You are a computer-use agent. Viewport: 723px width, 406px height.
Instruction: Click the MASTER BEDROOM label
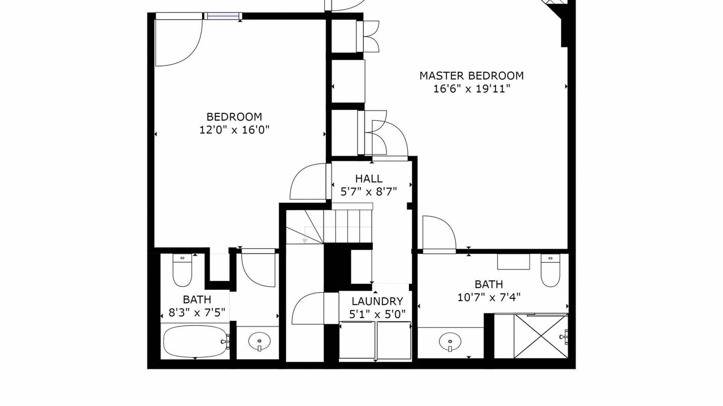click(471, 76)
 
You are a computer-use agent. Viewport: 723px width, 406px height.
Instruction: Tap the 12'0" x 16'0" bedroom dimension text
click(234, 130)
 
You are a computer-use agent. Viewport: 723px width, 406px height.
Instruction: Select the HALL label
click(369, 179)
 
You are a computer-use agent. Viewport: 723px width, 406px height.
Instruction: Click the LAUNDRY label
click(377, 301)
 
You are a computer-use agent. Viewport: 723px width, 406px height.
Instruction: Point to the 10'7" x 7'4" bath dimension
click(489, 297)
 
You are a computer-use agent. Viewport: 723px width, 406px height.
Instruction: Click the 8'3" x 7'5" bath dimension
click(197, 312)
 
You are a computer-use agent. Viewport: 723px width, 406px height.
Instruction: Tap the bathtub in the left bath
click(195, 341)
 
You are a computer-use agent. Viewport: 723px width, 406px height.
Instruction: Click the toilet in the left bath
click(182, 270)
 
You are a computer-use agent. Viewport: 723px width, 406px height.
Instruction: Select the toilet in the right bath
click(551, 270)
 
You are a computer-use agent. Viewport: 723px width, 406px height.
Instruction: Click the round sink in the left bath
click(259, 341)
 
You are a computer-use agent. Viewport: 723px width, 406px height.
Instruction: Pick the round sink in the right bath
click(450, 342)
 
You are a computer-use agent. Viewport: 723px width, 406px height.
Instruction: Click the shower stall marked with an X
click(541, 336)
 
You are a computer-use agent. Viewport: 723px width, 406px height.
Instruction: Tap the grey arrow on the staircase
click(304, 241)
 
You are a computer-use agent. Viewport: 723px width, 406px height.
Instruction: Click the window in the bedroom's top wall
click(223, 16)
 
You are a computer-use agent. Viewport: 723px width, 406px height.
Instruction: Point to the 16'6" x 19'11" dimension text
click(472, 89)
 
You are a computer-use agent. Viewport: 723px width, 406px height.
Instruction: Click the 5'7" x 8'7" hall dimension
click(369, 192)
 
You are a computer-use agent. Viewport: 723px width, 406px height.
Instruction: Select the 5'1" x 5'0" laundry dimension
click(377, 314)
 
